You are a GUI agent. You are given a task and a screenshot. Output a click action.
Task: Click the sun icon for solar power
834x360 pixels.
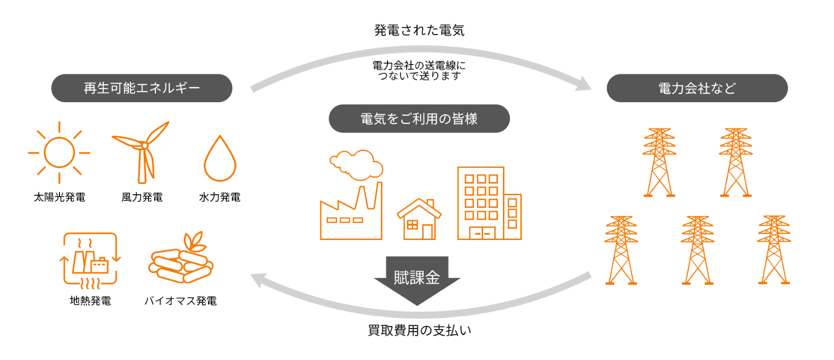59,153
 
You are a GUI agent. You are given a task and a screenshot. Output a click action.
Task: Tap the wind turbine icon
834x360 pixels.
143,152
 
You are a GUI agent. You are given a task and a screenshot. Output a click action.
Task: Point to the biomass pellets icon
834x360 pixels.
182,259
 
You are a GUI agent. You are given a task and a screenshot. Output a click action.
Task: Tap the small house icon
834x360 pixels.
419,219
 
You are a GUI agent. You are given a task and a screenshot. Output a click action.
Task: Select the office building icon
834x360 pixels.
489,203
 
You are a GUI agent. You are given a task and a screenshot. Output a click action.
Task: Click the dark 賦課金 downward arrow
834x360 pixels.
417,279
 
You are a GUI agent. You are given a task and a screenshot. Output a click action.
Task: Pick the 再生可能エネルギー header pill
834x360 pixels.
141,88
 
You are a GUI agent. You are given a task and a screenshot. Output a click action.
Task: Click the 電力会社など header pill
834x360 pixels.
697,88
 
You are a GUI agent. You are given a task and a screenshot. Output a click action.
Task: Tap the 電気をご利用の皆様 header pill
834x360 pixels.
419,118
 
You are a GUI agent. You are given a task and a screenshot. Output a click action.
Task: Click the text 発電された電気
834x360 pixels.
419,31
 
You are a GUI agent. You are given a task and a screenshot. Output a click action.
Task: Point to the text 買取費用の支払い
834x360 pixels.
419,331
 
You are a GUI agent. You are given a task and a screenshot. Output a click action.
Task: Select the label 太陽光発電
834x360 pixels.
59,197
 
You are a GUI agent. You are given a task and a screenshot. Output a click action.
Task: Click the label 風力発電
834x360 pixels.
142,197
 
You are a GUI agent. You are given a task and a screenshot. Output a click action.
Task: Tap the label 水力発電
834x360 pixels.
220,197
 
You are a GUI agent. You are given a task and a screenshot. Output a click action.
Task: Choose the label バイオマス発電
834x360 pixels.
181,301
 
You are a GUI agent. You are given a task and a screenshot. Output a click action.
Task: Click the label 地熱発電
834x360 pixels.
90,301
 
